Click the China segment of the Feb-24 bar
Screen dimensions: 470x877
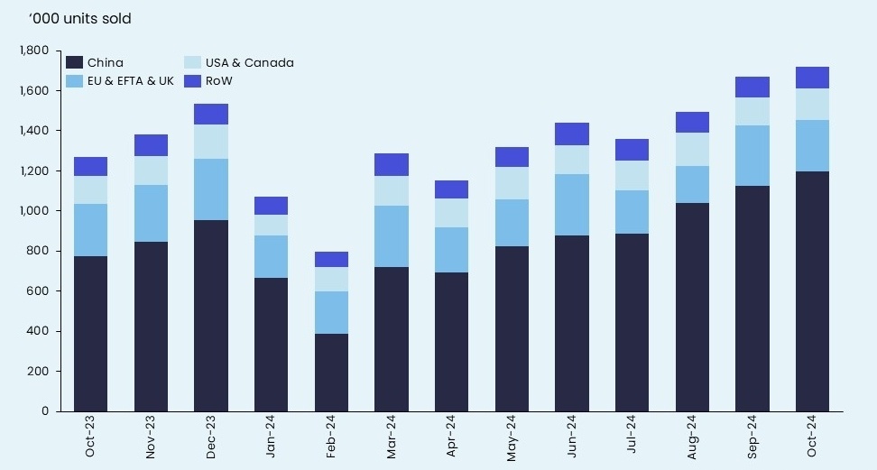coord(331,373)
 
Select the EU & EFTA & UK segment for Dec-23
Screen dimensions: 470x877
coord(211,189)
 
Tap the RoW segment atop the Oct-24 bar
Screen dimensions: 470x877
coord(812,78)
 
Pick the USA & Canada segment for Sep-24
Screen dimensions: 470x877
coord(752,111)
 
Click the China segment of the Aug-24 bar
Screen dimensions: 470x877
coord(692,307)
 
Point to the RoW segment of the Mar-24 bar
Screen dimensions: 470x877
coord(392,164)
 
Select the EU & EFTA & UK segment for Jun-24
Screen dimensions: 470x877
coord(572,205)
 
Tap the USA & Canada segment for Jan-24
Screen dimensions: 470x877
coord(271,225)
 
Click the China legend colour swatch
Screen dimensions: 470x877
coord(75,63)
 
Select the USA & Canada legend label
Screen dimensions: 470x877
coord(249,63)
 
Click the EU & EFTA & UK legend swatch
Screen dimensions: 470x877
coord(75,81)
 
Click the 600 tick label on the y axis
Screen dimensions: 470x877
coord(40,291)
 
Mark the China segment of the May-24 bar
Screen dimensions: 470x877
coord(512,328)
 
